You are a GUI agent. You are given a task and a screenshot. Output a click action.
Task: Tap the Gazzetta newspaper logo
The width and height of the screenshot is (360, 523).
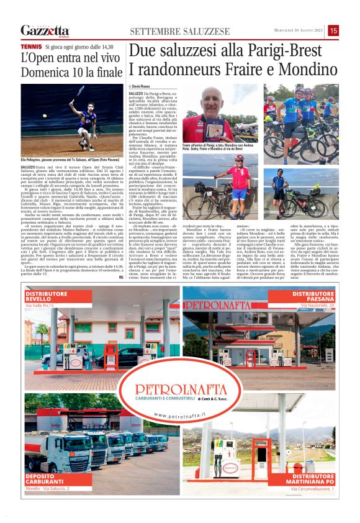point(44,30)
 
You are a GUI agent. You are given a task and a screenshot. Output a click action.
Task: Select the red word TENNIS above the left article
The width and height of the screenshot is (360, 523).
point(30,47)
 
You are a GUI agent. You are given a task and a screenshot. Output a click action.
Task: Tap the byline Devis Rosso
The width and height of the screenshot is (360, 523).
point(143,85)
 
